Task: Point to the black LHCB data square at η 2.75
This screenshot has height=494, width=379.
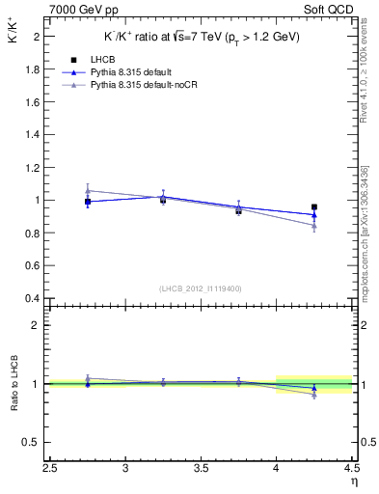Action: (88, 202)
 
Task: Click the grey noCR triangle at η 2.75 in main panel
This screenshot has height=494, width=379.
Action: (88, 190)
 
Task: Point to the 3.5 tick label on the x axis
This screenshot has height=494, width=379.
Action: (202, 469)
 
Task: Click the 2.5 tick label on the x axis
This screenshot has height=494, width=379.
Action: (50, 469)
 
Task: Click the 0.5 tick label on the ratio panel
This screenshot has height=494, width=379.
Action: (33, 442)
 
